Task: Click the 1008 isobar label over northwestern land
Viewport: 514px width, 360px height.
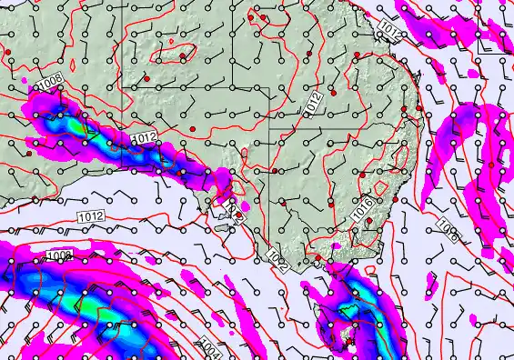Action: pyautogui.click(x=50, y=83)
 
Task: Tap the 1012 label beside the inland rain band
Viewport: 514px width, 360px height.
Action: pyautogui.click(x=145, y=137)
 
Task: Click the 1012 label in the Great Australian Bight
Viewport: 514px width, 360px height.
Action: pyautogui.click(x=90, y=216)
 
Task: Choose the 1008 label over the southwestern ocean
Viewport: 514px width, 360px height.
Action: pyautogui.click(x=60, y=257)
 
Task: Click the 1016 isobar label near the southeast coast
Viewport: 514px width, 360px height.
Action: pyautogui.click(x=361, y=211)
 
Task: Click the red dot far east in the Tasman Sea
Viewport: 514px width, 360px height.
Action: pyautogui.click(x=491, y=165)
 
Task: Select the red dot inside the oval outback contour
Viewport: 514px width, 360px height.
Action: pyautogui.click(x=182, y=56)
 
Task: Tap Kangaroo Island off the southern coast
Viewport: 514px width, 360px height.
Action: pyautogui.click(x=219, y=206)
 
